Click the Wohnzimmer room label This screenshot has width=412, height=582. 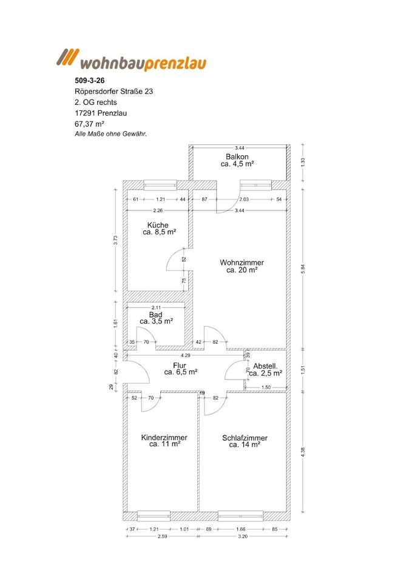point(241,263)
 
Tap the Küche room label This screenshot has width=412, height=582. point(158,226)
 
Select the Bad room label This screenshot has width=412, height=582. point(156,315)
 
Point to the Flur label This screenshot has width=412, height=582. point(180,366)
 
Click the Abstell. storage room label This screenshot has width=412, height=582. point(265,366)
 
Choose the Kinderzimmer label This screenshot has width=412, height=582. point(164,438)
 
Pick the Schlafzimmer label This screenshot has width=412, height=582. point(245,438)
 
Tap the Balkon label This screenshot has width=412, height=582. point(237,156)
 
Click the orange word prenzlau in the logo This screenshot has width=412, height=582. point(175,64)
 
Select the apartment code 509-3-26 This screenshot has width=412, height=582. point(87,80)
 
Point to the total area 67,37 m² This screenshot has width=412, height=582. point(89,124)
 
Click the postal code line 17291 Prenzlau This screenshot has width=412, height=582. point(101,113)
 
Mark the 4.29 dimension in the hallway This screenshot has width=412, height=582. point(186,355)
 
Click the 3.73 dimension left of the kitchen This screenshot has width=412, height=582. point(115,241)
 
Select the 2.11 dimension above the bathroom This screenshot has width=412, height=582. point(157,307)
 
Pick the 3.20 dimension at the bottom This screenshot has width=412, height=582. point(243,537)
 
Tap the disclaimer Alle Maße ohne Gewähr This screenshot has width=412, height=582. point(110,135)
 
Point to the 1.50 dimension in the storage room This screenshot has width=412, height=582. point(266,387)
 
